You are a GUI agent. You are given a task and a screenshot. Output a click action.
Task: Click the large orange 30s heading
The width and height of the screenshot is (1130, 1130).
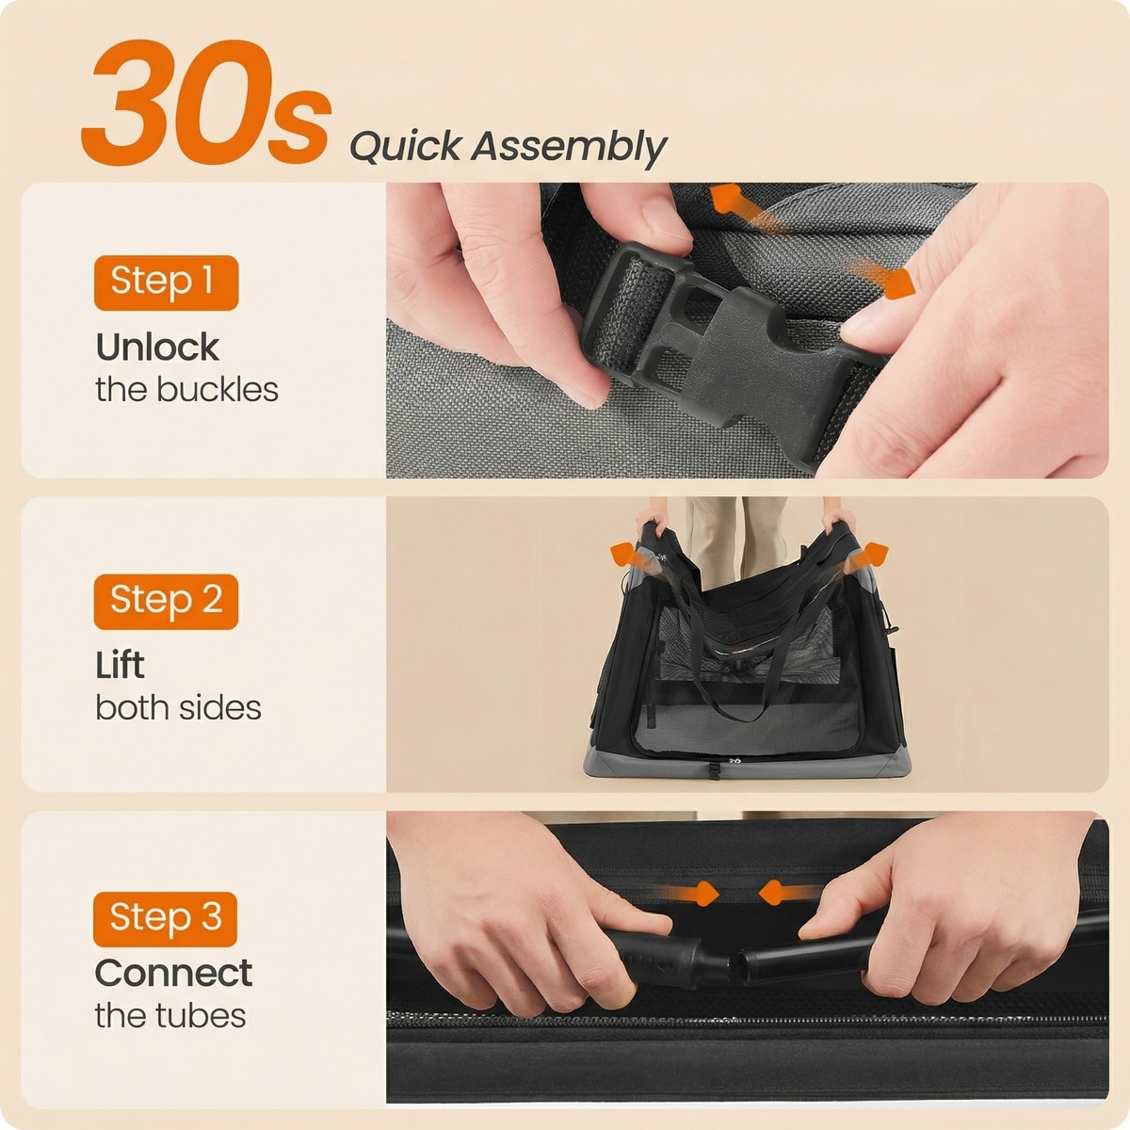206,103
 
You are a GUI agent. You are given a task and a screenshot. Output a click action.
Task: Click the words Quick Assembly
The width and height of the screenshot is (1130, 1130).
508,148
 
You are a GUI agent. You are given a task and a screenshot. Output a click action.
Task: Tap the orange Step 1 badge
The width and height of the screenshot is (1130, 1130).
166,282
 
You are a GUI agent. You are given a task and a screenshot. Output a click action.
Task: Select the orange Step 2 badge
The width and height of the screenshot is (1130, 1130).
166,602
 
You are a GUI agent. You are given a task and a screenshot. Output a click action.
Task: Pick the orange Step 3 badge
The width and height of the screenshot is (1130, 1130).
166,919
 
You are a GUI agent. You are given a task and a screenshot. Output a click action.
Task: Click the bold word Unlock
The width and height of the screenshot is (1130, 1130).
157,347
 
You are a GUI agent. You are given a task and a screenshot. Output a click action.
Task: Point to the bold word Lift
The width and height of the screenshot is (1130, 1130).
120,665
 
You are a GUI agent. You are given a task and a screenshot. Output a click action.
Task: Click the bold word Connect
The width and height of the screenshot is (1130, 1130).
173,973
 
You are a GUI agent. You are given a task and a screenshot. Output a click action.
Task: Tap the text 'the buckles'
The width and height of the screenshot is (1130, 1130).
186,390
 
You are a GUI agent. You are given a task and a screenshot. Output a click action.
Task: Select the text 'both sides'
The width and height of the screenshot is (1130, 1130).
178,708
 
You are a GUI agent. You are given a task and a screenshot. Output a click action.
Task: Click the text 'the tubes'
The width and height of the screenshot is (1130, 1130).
170,1016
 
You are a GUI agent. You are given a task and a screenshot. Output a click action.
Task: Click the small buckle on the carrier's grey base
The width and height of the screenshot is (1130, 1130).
714,770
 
